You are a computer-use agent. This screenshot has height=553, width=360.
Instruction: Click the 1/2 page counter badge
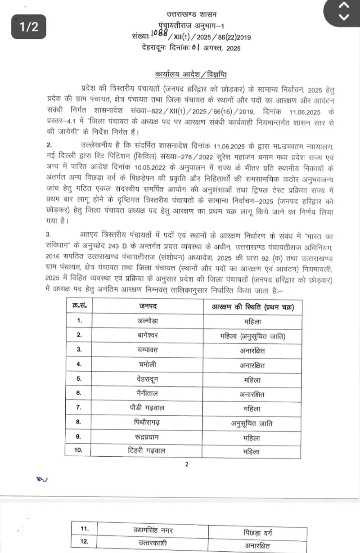pos(29,27)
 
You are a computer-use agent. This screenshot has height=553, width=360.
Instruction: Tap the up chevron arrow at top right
pos(343,6)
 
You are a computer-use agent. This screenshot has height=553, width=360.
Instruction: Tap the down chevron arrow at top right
pos(343,18)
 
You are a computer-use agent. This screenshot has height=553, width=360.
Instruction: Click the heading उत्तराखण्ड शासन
pos(186,15)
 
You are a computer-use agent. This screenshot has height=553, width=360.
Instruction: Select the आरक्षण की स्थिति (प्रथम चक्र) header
pos(250,306)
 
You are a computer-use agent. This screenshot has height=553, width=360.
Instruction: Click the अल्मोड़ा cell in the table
pos(148,321)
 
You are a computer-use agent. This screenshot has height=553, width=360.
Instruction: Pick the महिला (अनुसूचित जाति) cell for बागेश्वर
pos(250,336)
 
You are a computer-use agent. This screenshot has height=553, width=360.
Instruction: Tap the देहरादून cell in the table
pos(148,379)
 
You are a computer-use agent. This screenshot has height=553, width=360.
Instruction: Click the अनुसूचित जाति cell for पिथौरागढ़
pos(250,423)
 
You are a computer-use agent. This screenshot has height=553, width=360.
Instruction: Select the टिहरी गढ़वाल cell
pos(148,451)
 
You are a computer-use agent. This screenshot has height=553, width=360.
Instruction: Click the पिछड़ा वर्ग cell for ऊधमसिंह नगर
pos(258,533)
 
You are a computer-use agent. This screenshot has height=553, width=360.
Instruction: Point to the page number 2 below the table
pos(187,464)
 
